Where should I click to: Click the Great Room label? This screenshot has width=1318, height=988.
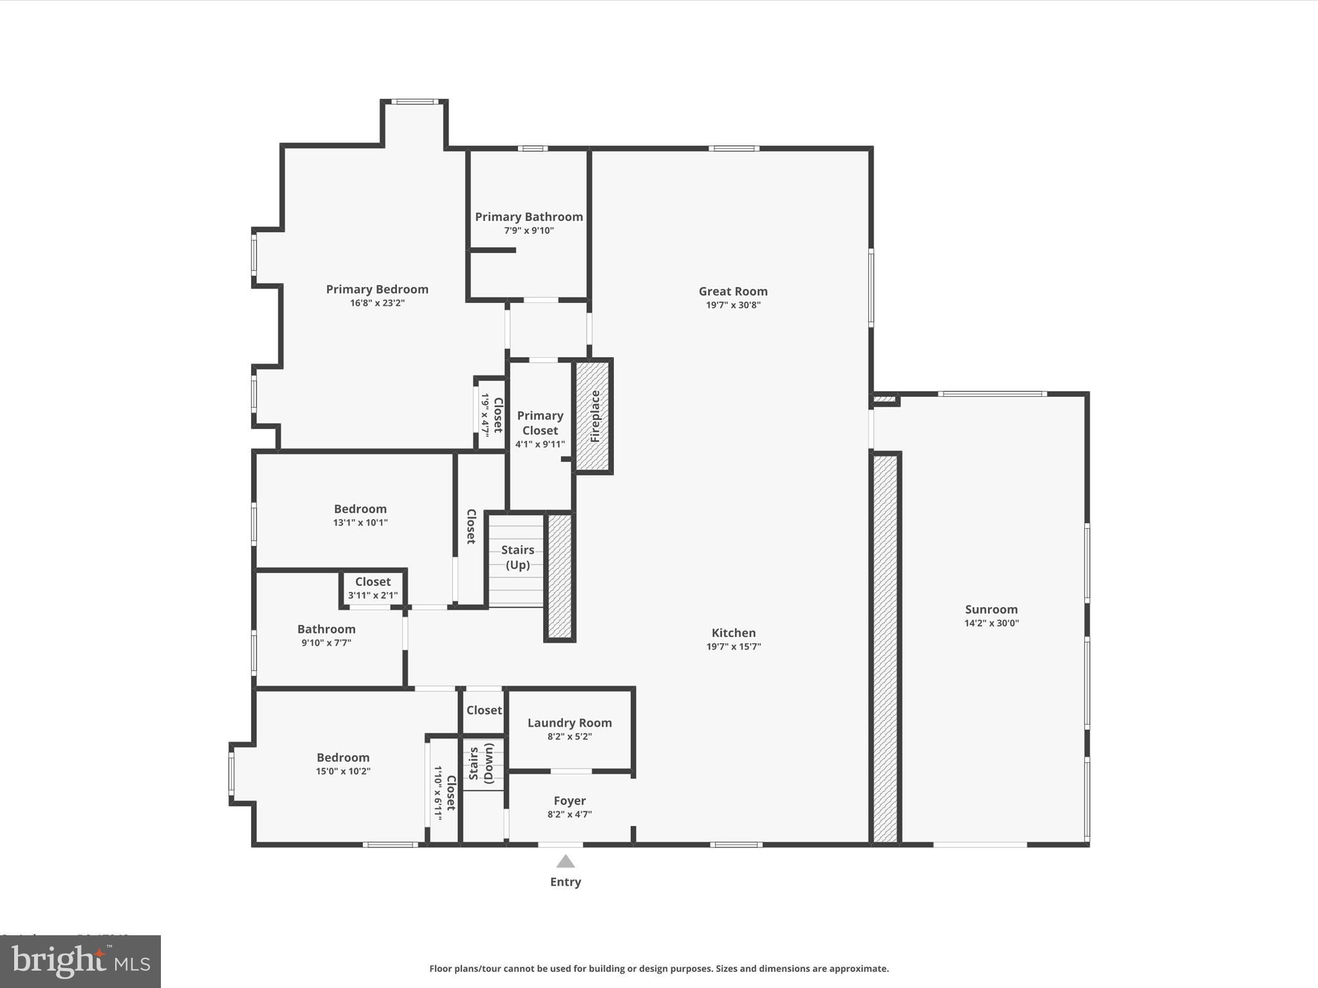733,291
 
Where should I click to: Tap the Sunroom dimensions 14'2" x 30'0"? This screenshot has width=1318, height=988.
991,623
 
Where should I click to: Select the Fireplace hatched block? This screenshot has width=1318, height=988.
593,416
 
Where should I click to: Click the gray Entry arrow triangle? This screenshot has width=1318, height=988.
565,861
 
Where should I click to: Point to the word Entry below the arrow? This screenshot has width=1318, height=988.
565,882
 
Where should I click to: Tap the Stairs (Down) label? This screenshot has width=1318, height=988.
482,764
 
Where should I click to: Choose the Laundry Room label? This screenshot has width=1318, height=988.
570,723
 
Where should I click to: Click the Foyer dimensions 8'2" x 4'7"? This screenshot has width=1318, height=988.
570,814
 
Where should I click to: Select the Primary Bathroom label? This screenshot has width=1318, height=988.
529,217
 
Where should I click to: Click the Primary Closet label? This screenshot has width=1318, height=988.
540,423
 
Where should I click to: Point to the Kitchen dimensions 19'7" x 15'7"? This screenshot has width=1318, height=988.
734,647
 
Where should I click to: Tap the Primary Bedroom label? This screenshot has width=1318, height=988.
377,289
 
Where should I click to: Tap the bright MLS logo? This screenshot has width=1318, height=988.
80,962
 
